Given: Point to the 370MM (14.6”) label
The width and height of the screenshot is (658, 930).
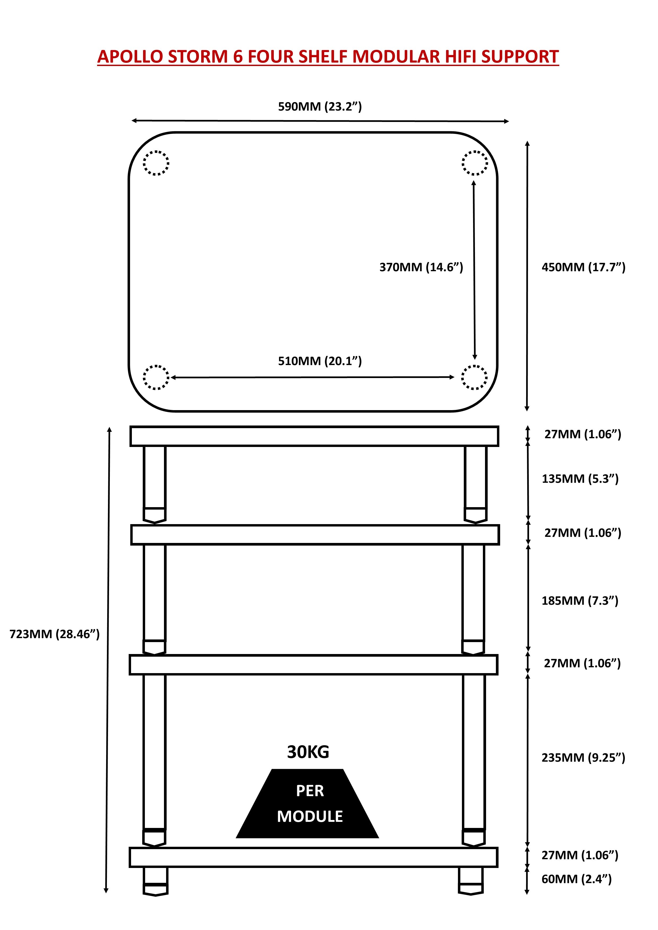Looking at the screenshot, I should pos(421,267).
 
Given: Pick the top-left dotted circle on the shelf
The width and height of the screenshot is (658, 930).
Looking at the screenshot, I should pos(156,163).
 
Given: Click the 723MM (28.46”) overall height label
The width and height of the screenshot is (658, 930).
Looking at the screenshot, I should pos(54,634).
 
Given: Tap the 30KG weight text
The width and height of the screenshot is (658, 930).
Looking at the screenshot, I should pos(308,752).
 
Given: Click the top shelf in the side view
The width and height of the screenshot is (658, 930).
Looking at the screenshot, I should pos(314,436).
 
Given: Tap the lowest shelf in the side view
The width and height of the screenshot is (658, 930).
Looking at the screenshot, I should pos(313,858).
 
